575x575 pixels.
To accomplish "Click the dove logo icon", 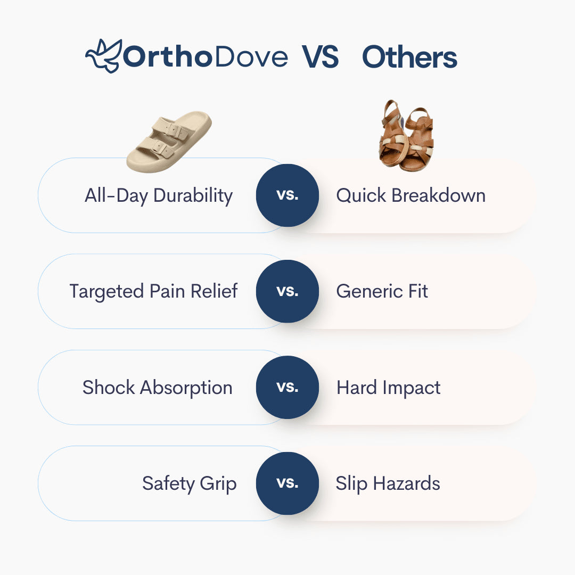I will pyautogui.click(x=103, y=55).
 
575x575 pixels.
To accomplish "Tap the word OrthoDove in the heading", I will pyautogui.click(x=206, y=57).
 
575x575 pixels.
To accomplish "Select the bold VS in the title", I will pyautogui.click(x=321, y=57).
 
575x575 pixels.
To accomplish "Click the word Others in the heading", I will pyautogui.click(x=409, y=57).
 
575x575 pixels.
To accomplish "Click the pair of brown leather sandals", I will pyautogui.click(x=406, y=136).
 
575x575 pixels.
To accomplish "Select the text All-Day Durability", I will pyautogui.click(x=159, y=195).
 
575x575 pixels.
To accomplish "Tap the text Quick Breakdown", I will pyautogui.click(x=410, y=195).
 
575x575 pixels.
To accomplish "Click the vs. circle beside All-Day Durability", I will pyautogui.click(x=287, y=195).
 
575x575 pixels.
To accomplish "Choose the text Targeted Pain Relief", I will pyautogui.click(x=153, y=291).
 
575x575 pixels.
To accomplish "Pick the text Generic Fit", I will pyautogui.click(x=382, y=291).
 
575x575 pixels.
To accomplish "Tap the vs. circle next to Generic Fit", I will pyautogui.click(x=287, y=291).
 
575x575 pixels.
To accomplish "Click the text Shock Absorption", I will pyautogui.click(x=157, y=387).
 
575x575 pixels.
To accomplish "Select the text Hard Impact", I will pyautogui.click(x=388, y=387).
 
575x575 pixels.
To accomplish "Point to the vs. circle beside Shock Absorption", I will pyautogui.click(x=287, y=387).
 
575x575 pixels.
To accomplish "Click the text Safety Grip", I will pyautogui.click(x=189, y=483).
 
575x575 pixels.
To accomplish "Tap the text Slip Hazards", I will pyautogui.click(x=388, y=483).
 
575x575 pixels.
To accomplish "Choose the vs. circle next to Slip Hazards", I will pyautogui.click(x=287, y=483).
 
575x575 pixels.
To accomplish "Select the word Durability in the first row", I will pyautogui.click(x=193, y=195).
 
